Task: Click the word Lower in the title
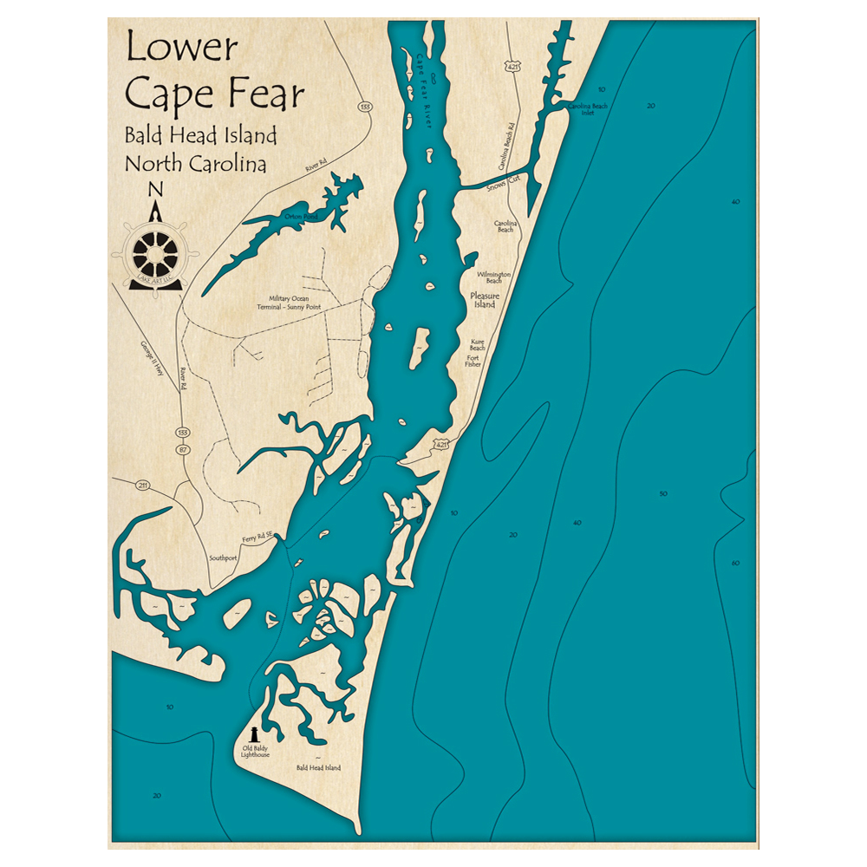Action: tap(181, 48)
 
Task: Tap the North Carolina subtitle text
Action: tap(196, 163)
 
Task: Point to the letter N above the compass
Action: tap(155, 191)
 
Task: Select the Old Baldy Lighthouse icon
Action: tap(254, 735)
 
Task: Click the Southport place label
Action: tap(223, 557)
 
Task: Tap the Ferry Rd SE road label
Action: tap(257, 537)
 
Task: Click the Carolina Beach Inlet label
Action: tap(588, 108)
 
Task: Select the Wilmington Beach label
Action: tap(494, 277)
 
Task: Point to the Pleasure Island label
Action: tap(484, 300)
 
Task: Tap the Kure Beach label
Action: tap(478, 344)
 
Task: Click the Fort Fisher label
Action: tap(473, 361)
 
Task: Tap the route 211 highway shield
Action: tap(143, 485)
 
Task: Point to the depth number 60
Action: tap(735, 564)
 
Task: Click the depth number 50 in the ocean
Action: tap(663, 494)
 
